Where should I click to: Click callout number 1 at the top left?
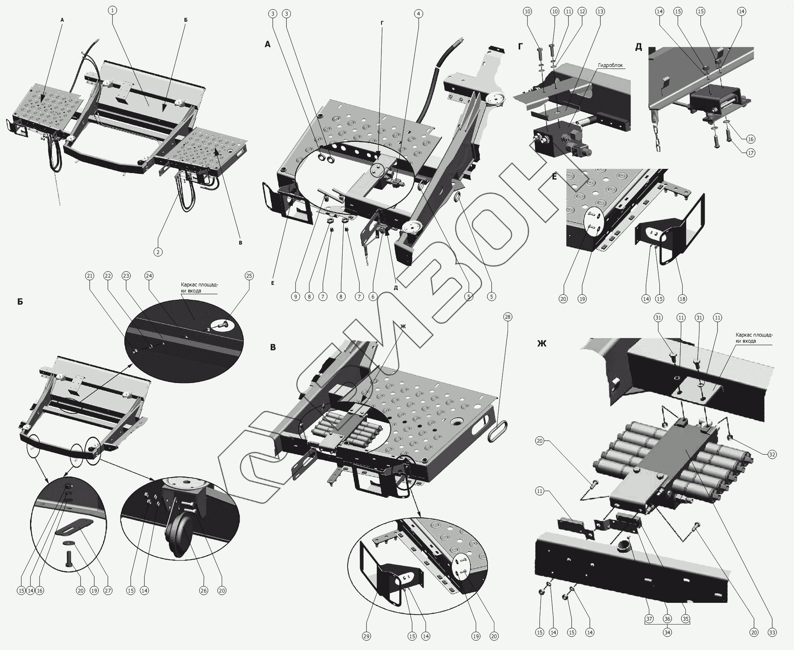(x=112, y=10)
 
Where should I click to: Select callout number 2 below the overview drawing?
(x=158, y=251)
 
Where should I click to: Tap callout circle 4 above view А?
(x=418, y=14)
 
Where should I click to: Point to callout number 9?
(x=296, y=296)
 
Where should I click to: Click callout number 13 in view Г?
(x=600, y=12)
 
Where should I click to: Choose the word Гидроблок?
(x=610, y=65)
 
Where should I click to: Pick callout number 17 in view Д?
(x=750, y=153)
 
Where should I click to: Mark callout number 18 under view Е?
(x=683, y=299)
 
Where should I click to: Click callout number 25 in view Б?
(x=249, y=276)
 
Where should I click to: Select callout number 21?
(x=90, y=276)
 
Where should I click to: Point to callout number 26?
(x=204, y=590)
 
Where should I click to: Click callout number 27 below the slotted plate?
(x=108, y=590)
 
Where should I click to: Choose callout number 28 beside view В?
(x=508, y=317)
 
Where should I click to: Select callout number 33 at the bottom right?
(x=772, y=633)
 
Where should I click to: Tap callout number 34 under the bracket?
(x=667, y=633)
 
